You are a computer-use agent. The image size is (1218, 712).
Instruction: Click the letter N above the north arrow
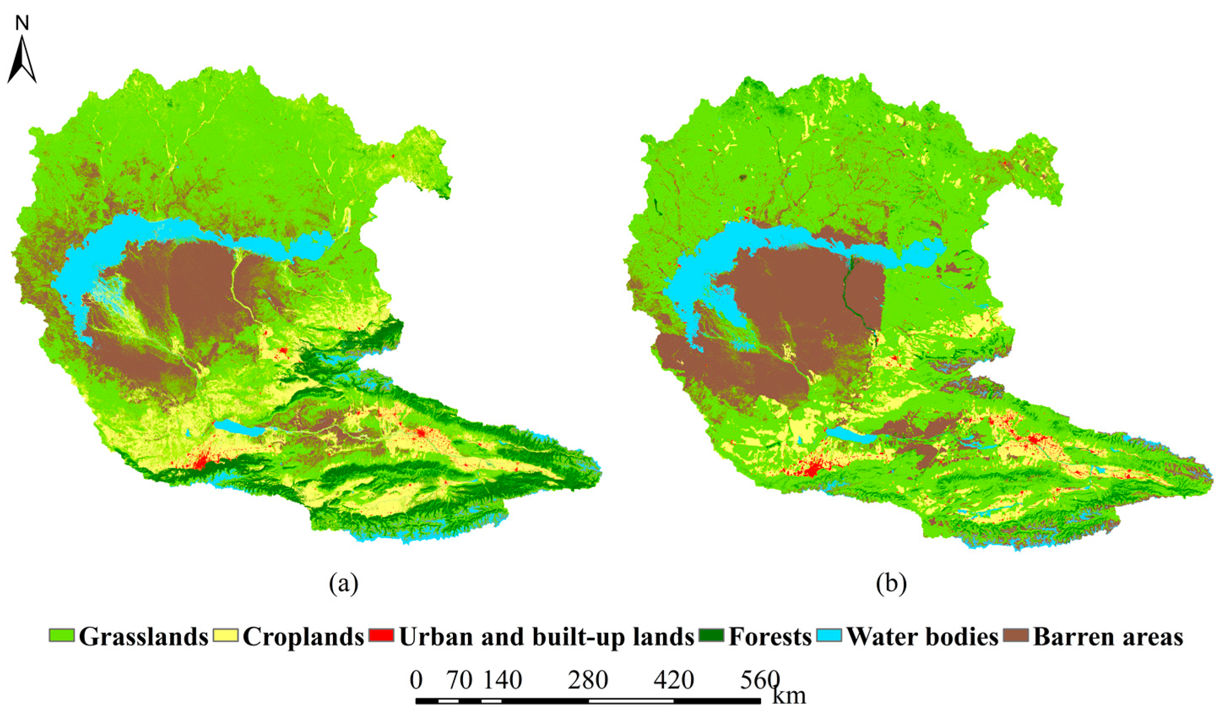click(22, 23)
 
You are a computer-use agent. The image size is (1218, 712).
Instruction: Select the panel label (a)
click(344, 583)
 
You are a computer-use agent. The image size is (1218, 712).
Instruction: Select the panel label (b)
click(891, 583)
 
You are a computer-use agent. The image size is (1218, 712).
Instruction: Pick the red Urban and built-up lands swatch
click(381, 636)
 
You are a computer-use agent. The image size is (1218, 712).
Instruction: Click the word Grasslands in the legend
click(143, 636)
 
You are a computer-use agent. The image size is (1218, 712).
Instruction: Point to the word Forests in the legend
click(770, 636)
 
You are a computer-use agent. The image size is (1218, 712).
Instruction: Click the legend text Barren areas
click(1108, 636)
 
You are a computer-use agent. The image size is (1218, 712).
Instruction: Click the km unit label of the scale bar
click(789, 696)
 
